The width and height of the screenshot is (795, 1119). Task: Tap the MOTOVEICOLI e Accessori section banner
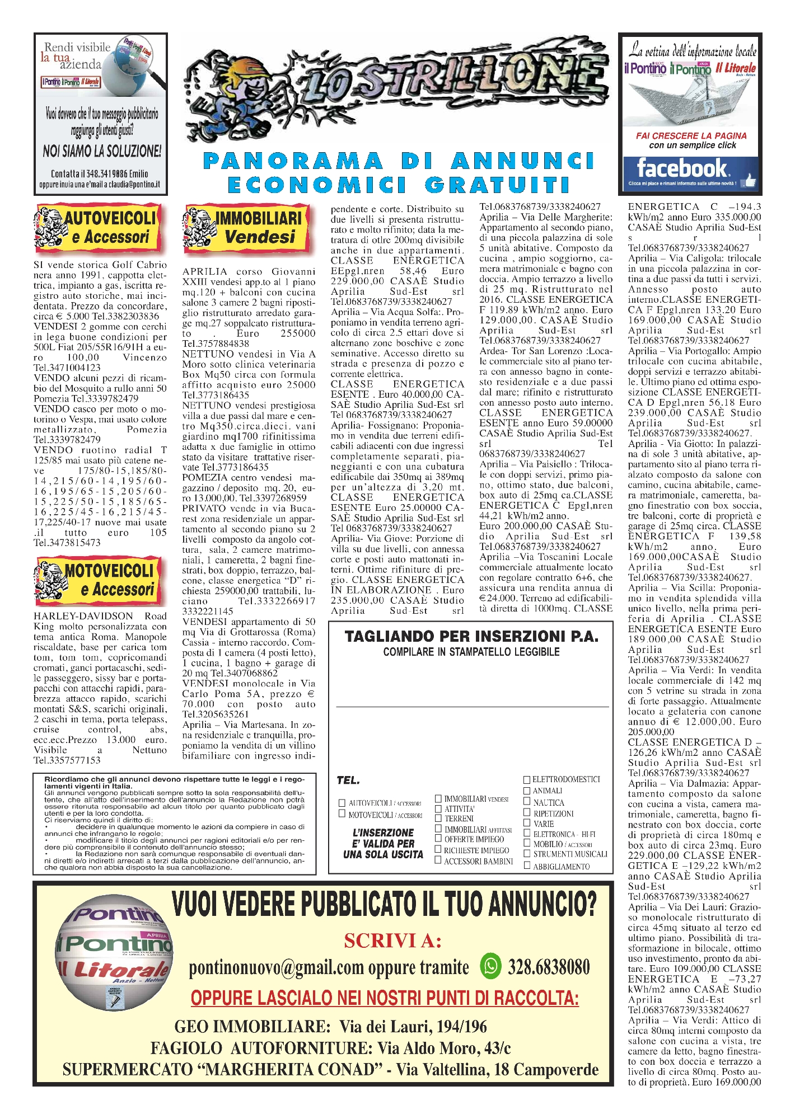100,580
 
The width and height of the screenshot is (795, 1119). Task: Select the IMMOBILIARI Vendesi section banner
247,227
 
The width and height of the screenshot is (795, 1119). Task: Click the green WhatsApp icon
491,965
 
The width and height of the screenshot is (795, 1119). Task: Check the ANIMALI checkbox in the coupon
527,791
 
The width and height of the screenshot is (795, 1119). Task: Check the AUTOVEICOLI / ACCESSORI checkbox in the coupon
342,803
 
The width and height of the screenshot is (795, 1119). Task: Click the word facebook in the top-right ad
681,168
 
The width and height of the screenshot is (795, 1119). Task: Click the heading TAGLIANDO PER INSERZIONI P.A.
471,636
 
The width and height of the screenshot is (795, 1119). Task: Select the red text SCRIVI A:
392,941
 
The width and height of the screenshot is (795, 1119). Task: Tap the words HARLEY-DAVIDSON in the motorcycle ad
83,616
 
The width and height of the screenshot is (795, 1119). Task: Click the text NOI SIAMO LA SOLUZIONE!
102,151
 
